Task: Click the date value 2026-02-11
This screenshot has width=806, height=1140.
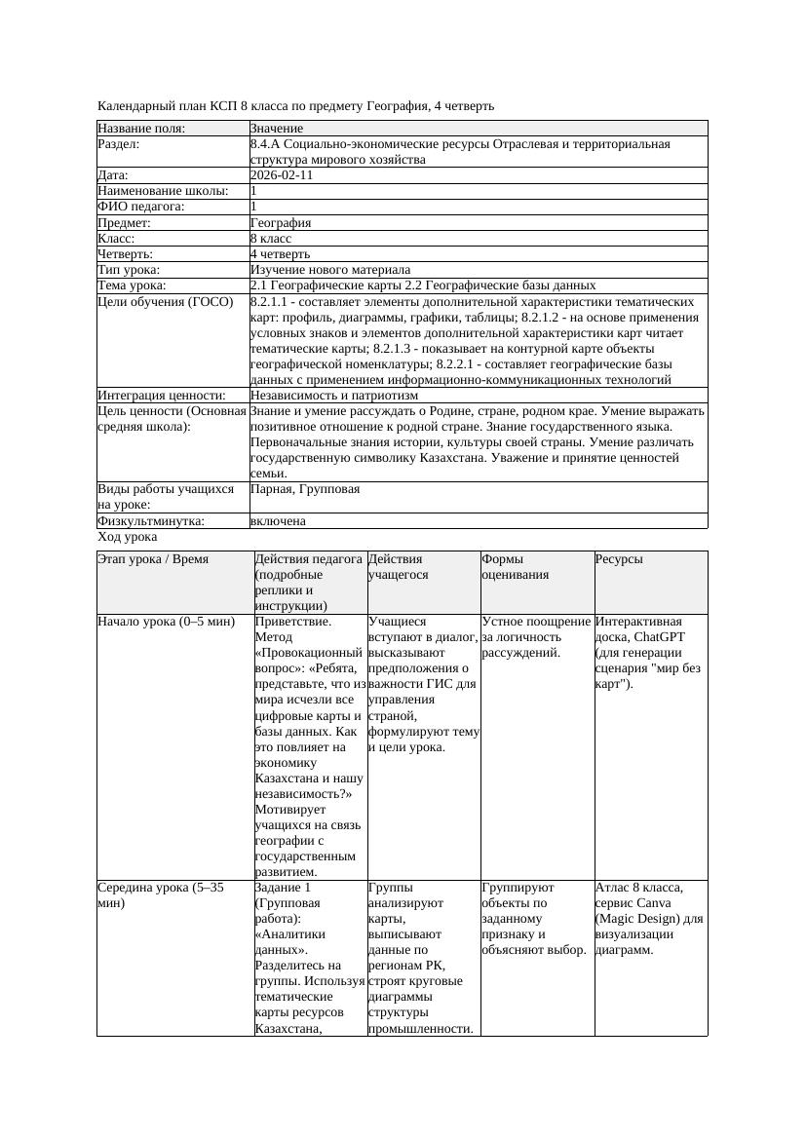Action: click(x=282, y=175)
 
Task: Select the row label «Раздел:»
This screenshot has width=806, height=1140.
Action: click(x=119, y=144)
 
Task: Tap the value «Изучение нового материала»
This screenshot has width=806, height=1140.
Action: click(x=330, y=270)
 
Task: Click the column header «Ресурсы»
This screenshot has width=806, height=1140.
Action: click(x=619, y=559)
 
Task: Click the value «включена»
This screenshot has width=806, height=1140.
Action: click(x=278, y=521)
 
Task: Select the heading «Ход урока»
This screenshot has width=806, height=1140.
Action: click(x=128, y=537)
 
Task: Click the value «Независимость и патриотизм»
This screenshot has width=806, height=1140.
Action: click(x=334, y=396)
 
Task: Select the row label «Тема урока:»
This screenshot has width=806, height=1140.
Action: click(x=133, y=285)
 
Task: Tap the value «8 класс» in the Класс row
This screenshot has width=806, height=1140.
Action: click(x=271, y=239)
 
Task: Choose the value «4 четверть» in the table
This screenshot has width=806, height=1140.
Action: click(x=280, y=254)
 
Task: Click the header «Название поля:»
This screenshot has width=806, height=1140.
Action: click(x=141, y=129)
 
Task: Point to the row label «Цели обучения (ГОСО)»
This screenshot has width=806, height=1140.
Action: click(x=166, y=302)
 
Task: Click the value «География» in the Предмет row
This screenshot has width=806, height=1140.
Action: click(x=281, y=223)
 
